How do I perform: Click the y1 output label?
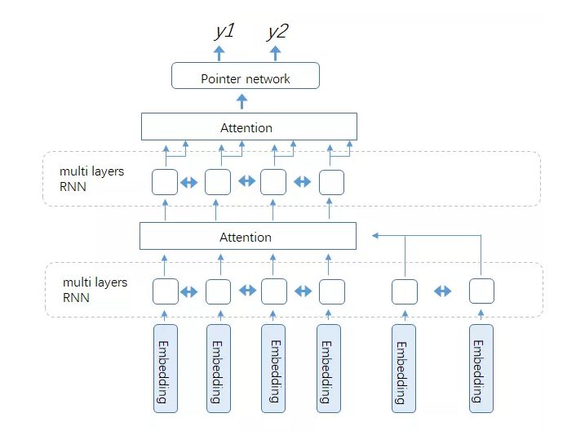224,32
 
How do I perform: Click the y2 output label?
277,32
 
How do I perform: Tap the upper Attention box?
249,127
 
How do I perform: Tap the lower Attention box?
248,236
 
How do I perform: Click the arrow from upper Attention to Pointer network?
241,101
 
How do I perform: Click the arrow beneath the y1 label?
219,53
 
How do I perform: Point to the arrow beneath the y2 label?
276,53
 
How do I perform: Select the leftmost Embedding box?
166,367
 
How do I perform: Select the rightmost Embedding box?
481,367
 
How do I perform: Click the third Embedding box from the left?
274,367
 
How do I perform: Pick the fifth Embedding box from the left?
403,367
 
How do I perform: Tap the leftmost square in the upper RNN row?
165,181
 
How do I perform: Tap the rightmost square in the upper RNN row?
331,181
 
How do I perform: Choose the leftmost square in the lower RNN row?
166,291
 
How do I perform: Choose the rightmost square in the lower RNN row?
481,291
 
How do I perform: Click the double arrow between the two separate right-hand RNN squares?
443,291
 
